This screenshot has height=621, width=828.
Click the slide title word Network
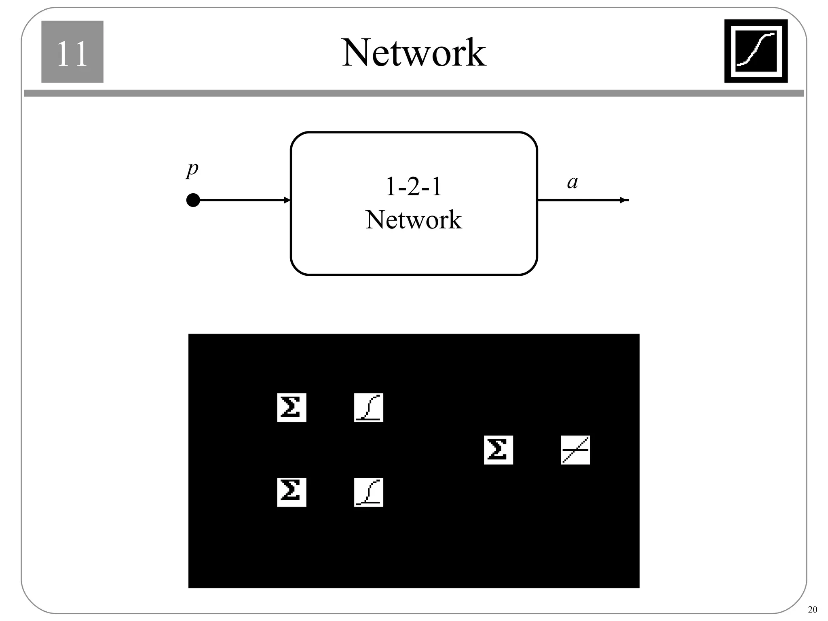point(414,53)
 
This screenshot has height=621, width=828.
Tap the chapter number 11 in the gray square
point(72,53)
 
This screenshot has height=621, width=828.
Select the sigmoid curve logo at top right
point(756,51)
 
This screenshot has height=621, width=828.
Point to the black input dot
point(193,200)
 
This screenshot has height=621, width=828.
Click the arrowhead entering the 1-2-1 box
point(287,200)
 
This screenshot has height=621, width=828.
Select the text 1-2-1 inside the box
point(414,187)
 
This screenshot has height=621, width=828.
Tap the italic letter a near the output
point(572,182)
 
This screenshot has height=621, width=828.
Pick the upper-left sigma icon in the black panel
point(291,408)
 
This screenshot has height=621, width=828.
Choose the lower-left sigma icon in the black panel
point(291,492)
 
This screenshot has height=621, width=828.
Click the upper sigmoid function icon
point(368,408)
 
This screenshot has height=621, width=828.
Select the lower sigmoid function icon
point(368,492)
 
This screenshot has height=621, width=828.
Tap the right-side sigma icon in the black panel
point(498,450)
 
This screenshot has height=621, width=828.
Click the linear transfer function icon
point(575,450)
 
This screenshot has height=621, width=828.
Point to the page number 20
point(812,610)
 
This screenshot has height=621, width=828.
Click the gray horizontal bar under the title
point(414,93)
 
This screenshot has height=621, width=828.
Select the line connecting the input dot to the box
point(243,200)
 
